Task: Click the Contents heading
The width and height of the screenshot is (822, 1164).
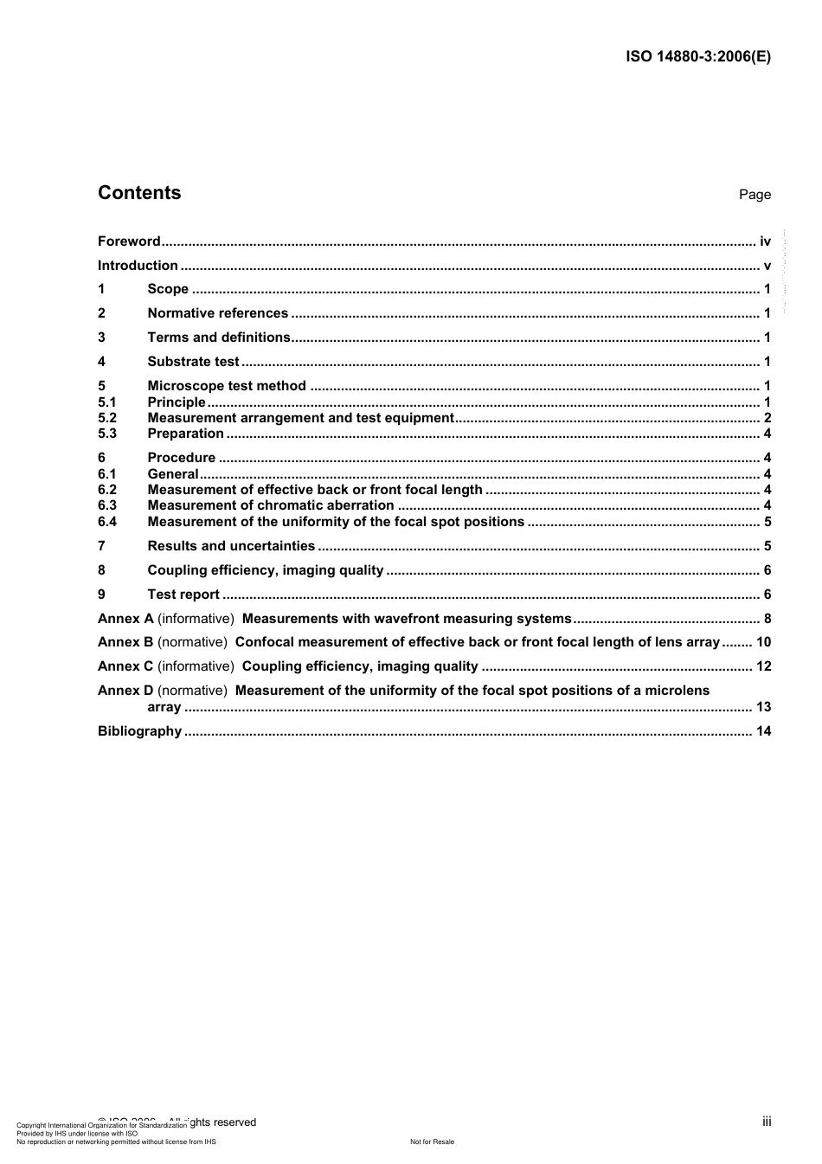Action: tap(139, 193)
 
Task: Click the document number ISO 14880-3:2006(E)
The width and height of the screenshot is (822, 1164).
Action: tap(697, 57)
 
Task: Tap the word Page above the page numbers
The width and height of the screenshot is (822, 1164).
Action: tap(755, 195)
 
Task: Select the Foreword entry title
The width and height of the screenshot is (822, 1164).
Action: tap(129, 241)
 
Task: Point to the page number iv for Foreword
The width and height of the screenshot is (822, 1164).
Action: tap(765, 241)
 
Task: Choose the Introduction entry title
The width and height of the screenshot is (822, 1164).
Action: tap(138, 266)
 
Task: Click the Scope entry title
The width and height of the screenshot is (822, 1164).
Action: tap(168, 289)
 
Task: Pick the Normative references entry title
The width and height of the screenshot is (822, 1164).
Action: tap(217, 313)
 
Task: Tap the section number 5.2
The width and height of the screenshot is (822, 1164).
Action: tap(107, 418)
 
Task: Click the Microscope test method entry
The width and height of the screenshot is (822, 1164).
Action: tap(227, 386)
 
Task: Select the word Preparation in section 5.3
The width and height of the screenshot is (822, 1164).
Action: tap(185, 434)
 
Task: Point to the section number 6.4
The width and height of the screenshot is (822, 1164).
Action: tap(107, 522)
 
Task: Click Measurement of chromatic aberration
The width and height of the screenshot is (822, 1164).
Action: tap(271, 505)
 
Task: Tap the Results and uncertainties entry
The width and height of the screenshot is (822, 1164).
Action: tap(231, 546)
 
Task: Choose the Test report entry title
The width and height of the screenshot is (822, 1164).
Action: tap(183, 595)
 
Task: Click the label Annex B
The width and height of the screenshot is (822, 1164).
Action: tap(125, 642)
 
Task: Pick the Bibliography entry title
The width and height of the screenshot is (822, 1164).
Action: tap(139, 731)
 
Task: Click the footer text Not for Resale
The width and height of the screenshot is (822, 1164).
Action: tap(432, 1141)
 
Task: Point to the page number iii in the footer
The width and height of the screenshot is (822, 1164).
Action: tap(767, 1122)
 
